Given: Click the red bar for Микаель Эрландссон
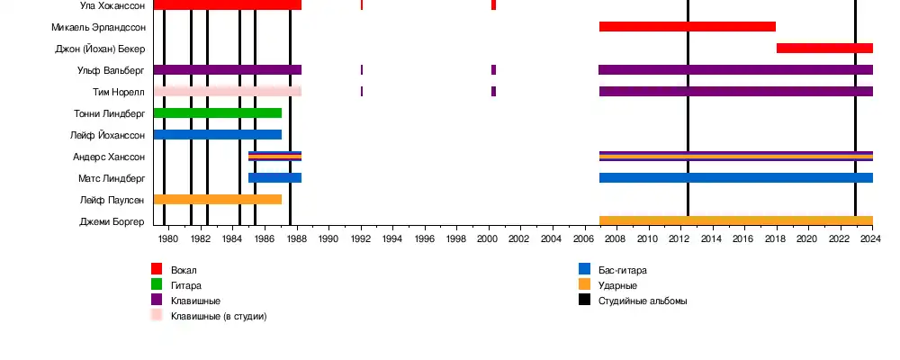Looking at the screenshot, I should click(x=687, y=26).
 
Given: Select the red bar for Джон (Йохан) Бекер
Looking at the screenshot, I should click(x=824, y=48).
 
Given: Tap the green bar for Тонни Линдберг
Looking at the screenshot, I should click(x=217, y=112).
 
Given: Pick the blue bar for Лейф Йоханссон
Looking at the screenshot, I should click(x=217, y=134).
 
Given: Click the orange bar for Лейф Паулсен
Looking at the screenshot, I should click(x=217, y=199).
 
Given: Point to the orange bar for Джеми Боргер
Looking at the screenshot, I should click(x=735, y=220).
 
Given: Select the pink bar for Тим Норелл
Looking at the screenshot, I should click(x=227, y=91).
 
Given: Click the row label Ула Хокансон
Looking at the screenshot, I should click(x=112, y=4).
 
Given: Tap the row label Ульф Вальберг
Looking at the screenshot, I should click(x=112, y=70).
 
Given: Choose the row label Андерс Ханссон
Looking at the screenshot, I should click(x=109, y=157).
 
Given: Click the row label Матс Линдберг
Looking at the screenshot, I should click(x=113, y=178).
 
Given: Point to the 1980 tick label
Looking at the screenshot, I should click(x=168, y=238).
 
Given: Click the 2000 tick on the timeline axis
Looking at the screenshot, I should click(x=488, y=238).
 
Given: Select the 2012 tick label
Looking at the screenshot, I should click(x=679, y=238).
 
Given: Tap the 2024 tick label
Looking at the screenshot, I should click(x=871, y=238).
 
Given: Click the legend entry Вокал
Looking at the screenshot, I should click(x=184, y=270).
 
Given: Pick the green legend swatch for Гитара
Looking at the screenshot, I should click(x=157, y=284).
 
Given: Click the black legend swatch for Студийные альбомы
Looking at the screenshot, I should click(x=584, y=300).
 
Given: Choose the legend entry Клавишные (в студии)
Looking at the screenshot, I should click(x=219, y=316).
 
